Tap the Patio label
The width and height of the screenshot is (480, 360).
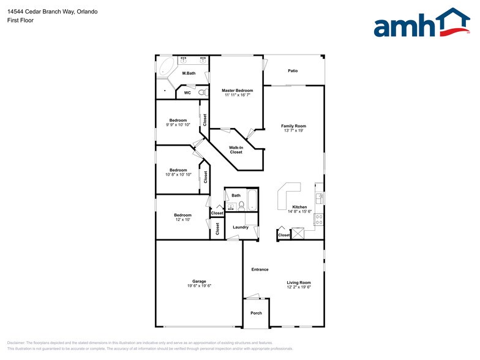click(293, 71)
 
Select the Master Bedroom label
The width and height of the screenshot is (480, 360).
click(237, 91)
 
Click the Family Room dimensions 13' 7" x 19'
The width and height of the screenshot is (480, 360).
click(293, 130)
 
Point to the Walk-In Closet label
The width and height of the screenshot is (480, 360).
click(236, 150)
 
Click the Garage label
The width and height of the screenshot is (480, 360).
click(199, 282)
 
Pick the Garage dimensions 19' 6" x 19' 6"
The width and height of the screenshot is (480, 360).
click(199, 286)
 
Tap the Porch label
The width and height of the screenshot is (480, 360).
click(256, 313)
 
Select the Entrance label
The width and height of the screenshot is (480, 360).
click(260, 269)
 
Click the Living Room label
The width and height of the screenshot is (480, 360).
click(299, 282)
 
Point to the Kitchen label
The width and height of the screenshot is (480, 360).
click(299, 207)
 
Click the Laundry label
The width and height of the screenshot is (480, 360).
click(241, 227)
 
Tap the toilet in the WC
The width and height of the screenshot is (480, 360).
click(201, 93)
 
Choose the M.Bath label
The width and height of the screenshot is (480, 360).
click(189, 73)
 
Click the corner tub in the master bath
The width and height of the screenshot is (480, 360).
click(166, 67)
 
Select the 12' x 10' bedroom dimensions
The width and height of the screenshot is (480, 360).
click(182, 219)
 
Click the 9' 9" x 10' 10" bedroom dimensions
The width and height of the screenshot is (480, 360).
click(178, 124)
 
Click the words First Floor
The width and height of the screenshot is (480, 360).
click(21, 20)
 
